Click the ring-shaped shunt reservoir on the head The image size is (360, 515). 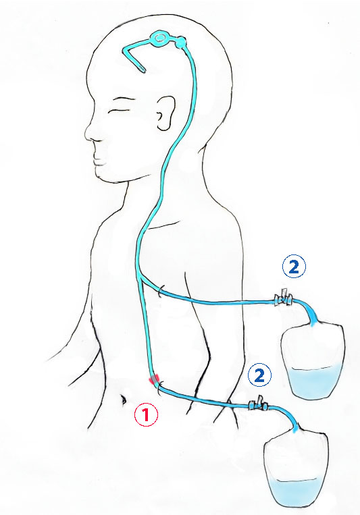pyautogui.click(x=160, y=38)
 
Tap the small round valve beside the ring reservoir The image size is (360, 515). pyautogui.click(x=180, y=43)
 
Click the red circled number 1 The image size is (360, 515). pyautogui.click(x=146, y=414)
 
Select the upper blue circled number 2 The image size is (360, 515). pyautogui.click(x=294, y=267)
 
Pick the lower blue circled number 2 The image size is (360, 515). pyautogui.click(x=259, y=375)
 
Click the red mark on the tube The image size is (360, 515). pyautogui.click(x=153, y=380)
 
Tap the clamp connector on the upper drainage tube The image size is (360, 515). pyautogui.click(x=283, y=298)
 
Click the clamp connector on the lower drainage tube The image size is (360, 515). pyautogui.click(x=259, y=405)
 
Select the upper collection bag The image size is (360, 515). pyautogui.click(x=313, y=360)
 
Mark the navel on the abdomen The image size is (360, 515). pyautogui.click(x=124, y=400)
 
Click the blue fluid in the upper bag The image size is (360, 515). pyautogui.click(x=313, y=383)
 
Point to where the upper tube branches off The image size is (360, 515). pyautogui.click(x=140, y=277)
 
